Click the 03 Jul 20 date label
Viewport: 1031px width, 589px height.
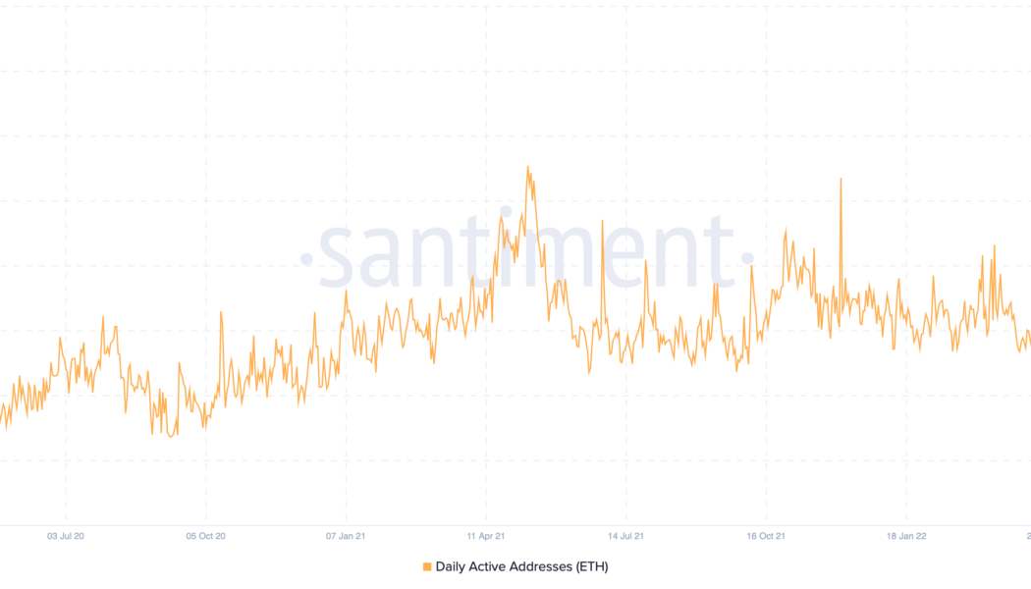tap(66, 536)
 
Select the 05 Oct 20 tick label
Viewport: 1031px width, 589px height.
tap(205, 536)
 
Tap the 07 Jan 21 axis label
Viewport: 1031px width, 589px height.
tap(346, 536)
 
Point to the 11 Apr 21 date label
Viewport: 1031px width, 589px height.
tap(486, 536)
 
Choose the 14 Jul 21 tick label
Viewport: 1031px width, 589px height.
tap(625, 536)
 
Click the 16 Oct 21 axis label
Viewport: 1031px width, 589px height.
tap(766, 536)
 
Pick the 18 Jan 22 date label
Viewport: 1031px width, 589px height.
tap(906, 536)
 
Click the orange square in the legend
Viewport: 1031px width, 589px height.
tap(427, 566)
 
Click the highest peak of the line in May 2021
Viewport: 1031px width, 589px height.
tap(527, 167)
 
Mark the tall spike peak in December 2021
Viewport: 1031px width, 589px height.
tap(841, 179)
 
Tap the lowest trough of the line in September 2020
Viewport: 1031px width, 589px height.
tap(171, 436)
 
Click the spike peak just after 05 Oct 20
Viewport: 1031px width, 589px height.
tap(221, 312)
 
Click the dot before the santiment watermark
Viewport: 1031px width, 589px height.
tap(305, 260)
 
